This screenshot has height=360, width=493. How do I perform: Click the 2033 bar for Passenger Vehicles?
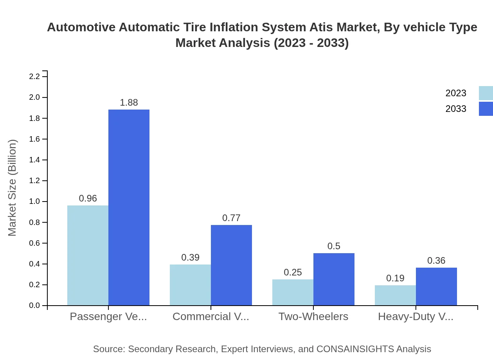pyautogui.click(x=129, y=207)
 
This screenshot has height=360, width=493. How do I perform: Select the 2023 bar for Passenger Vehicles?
pyautogui.click(x=88, y=255)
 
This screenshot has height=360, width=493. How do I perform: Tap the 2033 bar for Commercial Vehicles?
pyautogui.click(x=231, y=265)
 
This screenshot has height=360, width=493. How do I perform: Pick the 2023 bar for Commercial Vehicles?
pyautogui.click(x=190, y=285)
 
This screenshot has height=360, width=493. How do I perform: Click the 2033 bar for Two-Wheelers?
pyautogui.click(x=334, y=279)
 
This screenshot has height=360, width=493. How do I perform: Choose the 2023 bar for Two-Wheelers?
pyautogui.click(x=293, y=292)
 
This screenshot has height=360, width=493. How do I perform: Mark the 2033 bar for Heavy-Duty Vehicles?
pyautogui.click(x=436, y=286)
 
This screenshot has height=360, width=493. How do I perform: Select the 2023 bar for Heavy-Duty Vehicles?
pyautogui.click(x=395, y=295)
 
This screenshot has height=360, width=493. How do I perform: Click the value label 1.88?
pyautogui.click(x=129, y=103)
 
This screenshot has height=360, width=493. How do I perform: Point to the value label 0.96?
pyautogui.click(x=88, y=198)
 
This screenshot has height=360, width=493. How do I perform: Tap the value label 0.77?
pyautogui.click(x=231, y=218)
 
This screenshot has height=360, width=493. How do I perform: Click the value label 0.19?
pyautogui.click(x=395, y=278)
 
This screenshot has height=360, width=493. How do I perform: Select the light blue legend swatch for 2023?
pyautogui.click(x=486, y=93)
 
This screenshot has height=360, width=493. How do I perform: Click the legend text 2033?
pyautogui.click(x=455, y=109)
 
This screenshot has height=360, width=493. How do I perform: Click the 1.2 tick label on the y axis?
pyautogui.click(x=35, y=181)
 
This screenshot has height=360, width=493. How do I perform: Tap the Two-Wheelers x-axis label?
pyautogui.click(x=313, y=317)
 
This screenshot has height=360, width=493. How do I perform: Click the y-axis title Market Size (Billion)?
pyautogui.click(x=13, y=188)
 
